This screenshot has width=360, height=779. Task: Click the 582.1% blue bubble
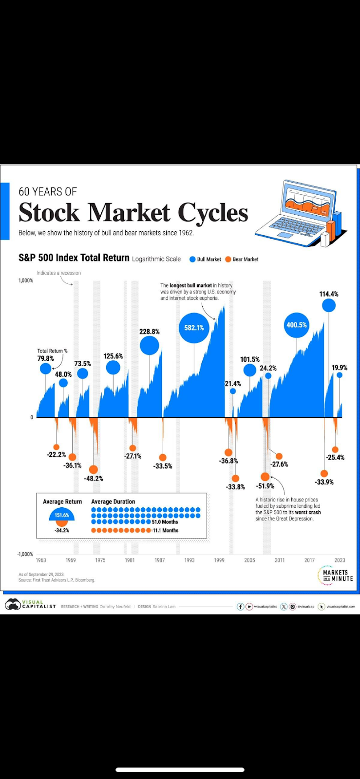click(194, 328)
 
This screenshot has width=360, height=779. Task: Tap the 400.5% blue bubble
click(297, 325)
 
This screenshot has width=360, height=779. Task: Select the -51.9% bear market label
click(265, 486)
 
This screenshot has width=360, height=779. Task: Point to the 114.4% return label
click(329, 294)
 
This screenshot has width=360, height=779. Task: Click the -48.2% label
click(94, 479)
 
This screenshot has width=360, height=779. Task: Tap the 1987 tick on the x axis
click(160, 560)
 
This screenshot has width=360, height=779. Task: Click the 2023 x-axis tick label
click(340, 560)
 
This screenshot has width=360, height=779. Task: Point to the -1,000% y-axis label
click(25, 555)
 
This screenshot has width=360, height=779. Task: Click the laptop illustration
click(300, 214)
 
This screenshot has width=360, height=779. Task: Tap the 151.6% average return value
click(62, 515)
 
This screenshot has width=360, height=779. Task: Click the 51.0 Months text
click(165, 522)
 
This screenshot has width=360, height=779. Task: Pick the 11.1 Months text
click(166, 531)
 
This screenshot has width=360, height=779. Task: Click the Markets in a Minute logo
click(335, 576)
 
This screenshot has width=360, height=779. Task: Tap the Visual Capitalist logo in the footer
click(30, 605)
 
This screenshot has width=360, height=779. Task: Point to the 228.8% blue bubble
click(150, 346)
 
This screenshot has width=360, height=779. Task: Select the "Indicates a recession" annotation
click(58, 273)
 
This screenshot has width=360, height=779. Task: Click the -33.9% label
click(324, 482)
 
